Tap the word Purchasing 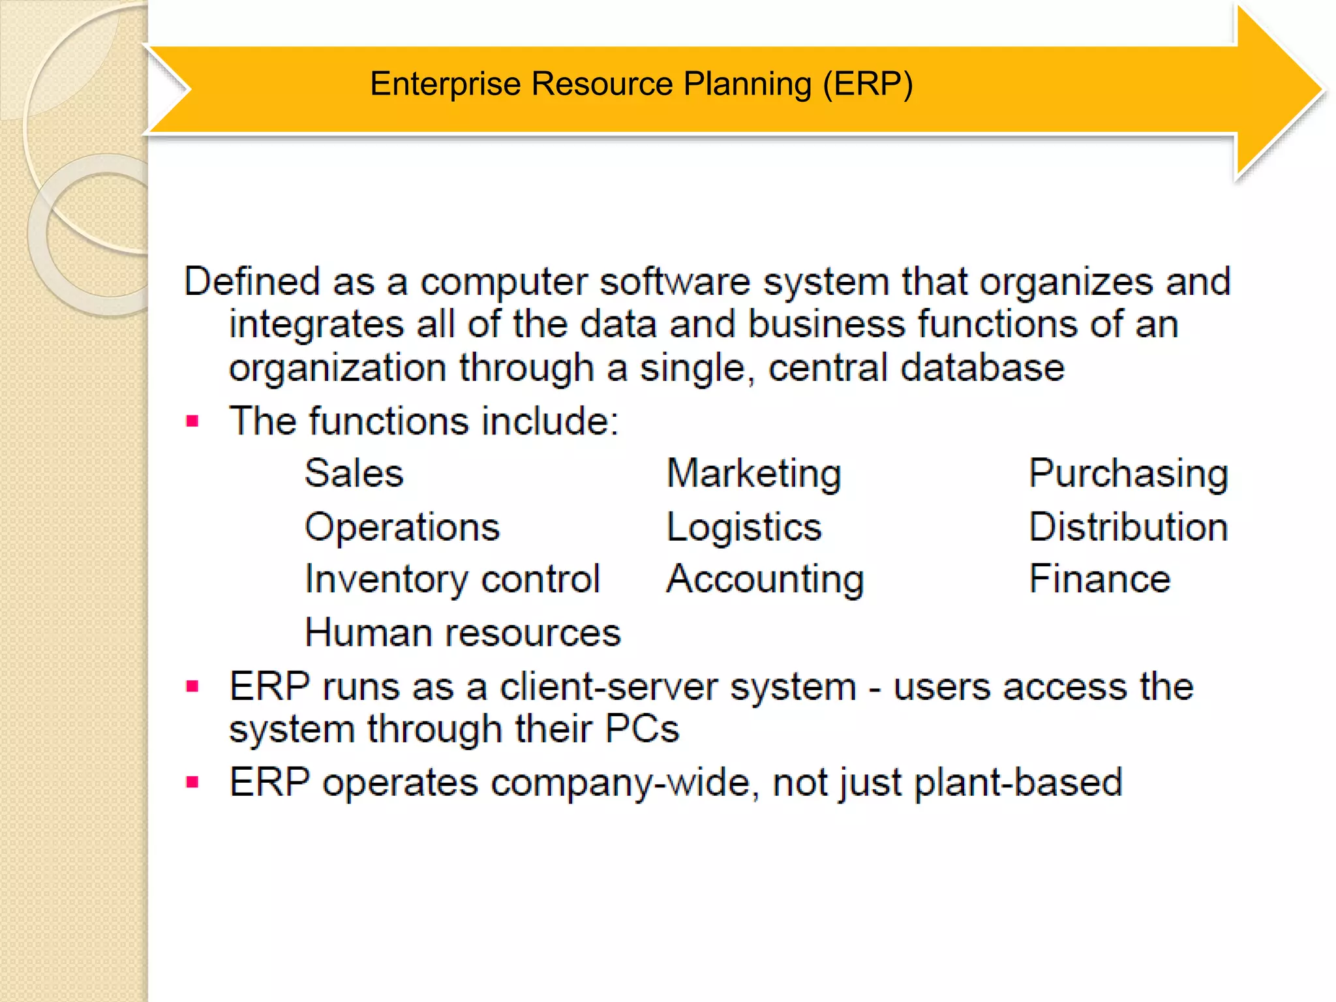pos(1128,474)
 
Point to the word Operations pos(402,527)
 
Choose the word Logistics pos(744,527)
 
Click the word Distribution pos(1128,527)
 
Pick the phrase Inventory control pos(452,579)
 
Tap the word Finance pos(1099,579)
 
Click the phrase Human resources pos(463,633)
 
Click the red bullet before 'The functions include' pos(192,421)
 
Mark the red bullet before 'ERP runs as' pos(192,686)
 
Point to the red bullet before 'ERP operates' pos(192,782)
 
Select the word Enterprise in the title pos(446,84)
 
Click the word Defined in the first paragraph pos(252,282)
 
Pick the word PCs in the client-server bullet pos(642,729)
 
